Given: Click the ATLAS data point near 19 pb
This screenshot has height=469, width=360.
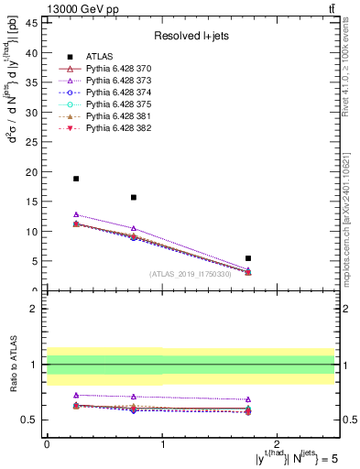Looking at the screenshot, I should coord(76,179).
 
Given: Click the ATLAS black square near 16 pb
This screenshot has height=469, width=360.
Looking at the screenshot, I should coord(134,197).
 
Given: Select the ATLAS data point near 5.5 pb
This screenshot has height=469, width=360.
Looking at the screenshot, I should coord(248,258).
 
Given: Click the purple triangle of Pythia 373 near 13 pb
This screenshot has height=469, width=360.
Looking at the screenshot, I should coord(76,214).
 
